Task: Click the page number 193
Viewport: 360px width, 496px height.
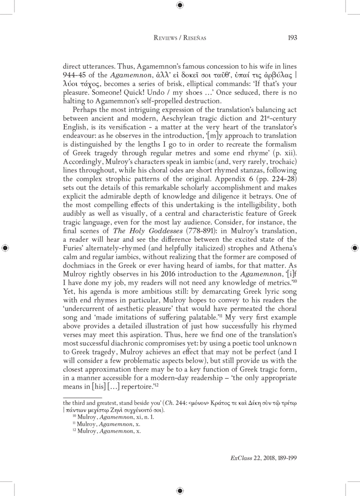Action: click(292, 38)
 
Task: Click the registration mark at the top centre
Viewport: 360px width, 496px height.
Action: click(180, 5)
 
